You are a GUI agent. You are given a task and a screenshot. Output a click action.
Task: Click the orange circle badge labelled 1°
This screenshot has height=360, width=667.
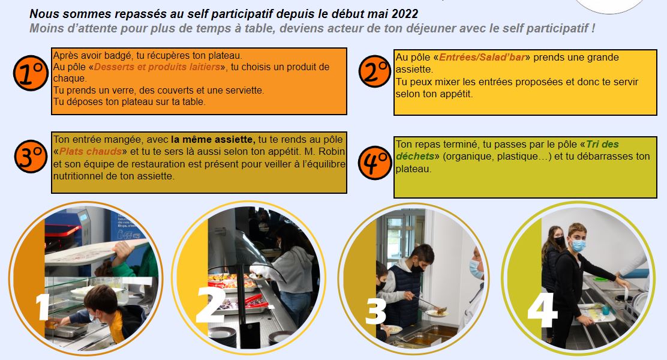[x=31, y=73]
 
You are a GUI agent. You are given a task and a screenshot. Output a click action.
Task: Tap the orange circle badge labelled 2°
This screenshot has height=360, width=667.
[x=375, y=71]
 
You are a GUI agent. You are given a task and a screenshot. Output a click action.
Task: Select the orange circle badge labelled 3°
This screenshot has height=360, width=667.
[x=31, y=156]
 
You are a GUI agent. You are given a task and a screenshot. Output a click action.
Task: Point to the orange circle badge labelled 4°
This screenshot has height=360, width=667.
[x=375, y=163]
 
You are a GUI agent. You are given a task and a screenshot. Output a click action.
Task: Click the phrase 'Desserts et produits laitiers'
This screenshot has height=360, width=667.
[x=157, y=67]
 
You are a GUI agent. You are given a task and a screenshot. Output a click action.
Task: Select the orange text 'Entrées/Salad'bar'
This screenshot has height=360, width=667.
[x=482, y=57]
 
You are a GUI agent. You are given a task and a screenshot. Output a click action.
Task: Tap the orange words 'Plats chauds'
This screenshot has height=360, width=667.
[x=91, y=151]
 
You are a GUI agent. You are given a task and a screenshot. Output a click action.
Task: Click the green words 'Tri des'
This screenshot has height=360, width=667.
[x=602, y=144]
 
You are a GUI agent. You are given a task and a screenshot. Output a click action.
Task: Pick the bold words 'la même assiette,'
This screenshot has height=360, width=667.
[x=213, y=139]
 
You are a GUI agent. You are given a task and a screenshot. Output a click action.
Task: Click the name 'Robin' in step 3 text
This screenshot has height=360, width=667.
[x=332, y=151]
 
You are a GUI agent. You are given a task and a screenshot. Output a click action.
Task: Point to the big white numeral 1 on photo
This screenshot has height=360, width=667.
[x=42, y=307]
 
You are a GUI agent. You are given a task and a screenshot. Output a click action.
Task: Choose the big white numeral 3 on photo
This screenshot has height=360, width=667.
[x=375, y=311]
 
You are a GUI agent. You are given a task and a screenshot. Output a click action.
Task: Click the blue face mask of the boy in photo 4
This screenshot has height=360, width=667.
[x=578, y=245]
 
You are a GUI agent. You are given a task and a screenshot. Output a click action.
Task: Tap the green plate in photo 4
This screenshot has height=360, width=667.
[x=600, y=279]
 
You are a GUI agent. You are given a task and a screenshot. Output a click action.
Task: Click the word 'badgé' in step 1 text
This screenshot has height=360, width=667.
[x=119, y=56]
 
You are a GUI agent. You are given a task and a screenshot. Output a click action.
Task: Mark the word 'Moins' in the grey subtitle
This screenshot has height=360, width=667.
[x=43, y=29]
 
